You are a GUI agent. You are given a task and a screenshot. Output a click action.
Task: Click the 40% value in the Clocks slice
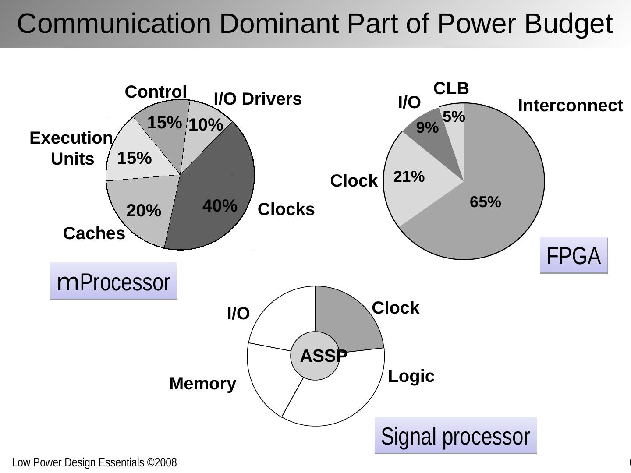click(x=220, y=205)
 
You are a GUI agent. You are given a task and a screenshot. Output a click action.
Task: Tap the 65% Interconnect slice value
click(x=485, y=202)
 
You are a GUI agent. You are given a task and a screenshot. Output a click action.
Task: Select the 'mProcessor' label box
click(x=113, y=282)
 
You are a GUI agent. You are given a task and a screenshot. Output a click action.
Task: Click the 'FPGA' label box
click(x=574, y=256)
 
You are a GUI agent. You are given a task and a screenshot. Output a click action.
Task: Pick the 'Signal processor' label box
click(x=455, y=436)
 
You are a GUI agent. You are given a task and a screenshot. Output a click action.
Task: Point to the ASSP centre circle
click(x=315, y=356)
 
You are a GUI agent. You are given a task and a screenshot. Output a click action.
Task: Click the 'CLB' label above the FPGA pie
click(x=451, y=88)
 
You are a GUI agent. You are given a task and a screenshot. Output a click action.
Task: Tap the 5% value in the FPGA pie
click(x=454, y=116)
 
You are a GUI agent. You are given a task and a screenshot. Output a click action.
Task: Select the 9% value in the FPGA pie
click(x=427, y=128)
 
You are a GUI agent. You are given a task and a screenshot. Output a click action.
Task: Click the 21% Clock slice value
click(x=409, y=177)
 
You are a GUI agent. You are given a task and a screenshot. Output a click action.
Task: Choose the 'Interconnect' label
click(x=570, y=106)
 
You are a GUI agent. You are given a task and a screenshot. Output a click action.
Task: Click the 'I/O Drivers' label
click(x=258, y=99)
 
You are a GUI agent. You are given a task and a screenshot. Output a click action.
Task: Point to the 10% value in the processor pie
click(x=206, y=125)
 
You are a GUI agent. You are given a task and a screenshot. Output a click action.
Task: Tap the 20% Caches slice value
click(x=144, y=211)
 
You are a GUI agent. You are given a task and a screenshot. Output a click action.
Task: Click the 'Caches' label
click(x=94, y=233)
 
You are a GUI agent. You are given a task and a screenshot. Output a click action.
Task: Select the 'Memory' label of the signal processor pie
click(x=202, y=384)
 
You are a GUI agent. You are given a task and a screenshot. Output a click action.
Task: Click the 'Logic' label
click(x=411, y=376)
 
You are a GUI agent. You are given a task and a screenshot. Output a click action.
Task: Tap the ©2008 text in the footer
click(x=162, y=462)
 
